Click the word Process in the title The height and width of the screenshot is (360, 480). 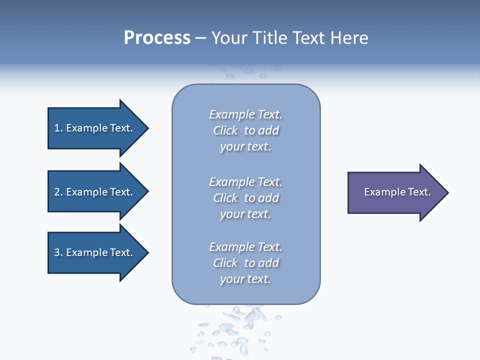(157, 38)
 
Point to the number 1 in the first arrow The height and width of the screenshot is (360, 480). (57, 128)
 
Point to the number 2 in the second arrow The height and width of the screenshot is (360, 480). (57, 192)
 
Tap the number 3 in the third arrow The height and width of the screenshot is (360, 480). (57, 252)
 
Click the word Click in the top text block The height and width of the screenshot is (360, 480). (225, 130)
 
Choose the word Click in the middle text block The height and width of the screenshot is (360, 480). (225, 198)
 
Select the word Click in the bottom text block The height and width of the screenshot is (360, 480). (225, 263)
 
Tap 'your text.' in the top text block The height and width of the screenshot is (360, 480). (245, 147)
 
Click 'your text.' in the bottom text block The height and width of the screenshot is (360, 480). (245, 279)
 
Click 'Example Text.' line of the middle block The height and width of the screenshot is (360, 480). (245, 182)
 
